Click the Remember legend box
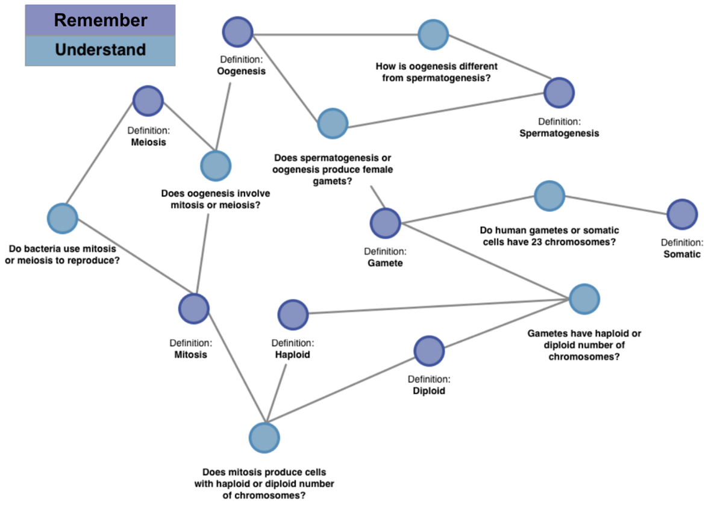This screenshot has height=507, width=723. pos(100,20)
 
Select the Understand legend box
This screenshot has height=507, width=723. pos(100,50)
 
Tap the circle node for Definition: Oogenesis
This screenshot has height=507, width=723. pos(237,32)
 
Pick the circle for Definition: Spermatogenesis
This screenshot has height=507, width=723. pos(559,92)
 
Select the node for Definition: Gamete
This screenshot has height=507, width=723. pos(386,223)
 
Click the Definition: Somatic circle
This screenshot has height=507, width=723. pos(682,214)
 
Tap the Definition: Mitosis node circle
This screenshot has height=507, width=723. pos(194,308)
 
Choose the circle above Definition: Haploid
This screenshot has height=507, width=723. pos(293,315)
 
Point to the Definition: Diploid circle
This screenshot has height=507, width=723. pos(430,350)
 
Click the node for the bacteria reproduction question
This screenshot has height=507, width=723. pos(63,218)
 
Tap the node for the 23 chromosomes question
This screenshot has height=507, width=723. pos(549,196)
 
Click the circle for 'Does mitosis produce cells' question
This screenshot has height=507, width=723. pos(264,438)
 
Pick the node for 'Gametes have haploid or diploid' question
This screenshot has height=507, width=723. pos(584,299)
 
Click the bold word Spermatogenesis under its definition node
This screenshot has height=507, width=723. pos(559,133)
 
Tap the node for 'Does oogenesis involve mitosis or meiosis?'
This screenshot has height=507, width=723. pos(215,165)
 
